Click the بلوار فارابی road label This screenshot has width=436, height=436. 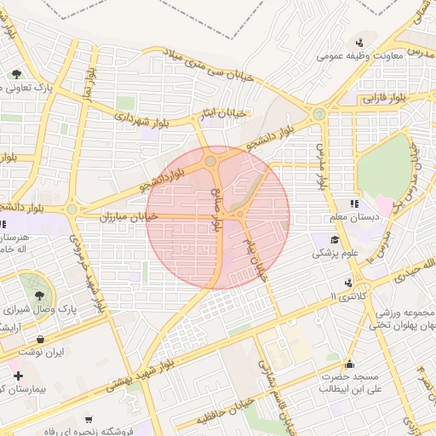click(x=369, y=99)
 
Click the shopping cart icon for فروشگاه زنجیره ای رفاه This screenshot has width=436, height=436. click(x=89, y=420)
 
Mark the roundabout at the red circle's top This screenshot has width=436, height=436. click(x=210, y=160)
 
